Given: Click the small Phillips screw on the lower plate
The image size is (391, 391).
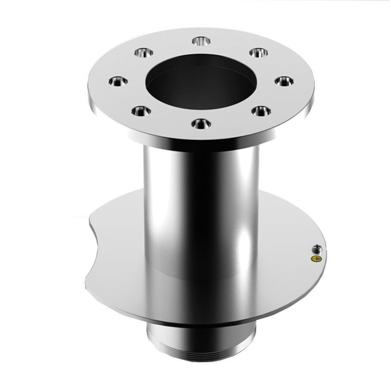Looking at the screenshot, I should pos(316,248).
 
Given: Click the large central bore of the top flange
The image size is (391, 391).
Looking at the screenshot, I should pos(201,84).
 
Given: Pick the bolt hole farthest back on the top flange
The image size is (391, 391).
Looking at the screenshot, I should pos(201,41).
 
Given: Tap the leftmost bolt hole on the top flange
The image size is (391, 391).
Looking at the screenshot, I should pos(118,81).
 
